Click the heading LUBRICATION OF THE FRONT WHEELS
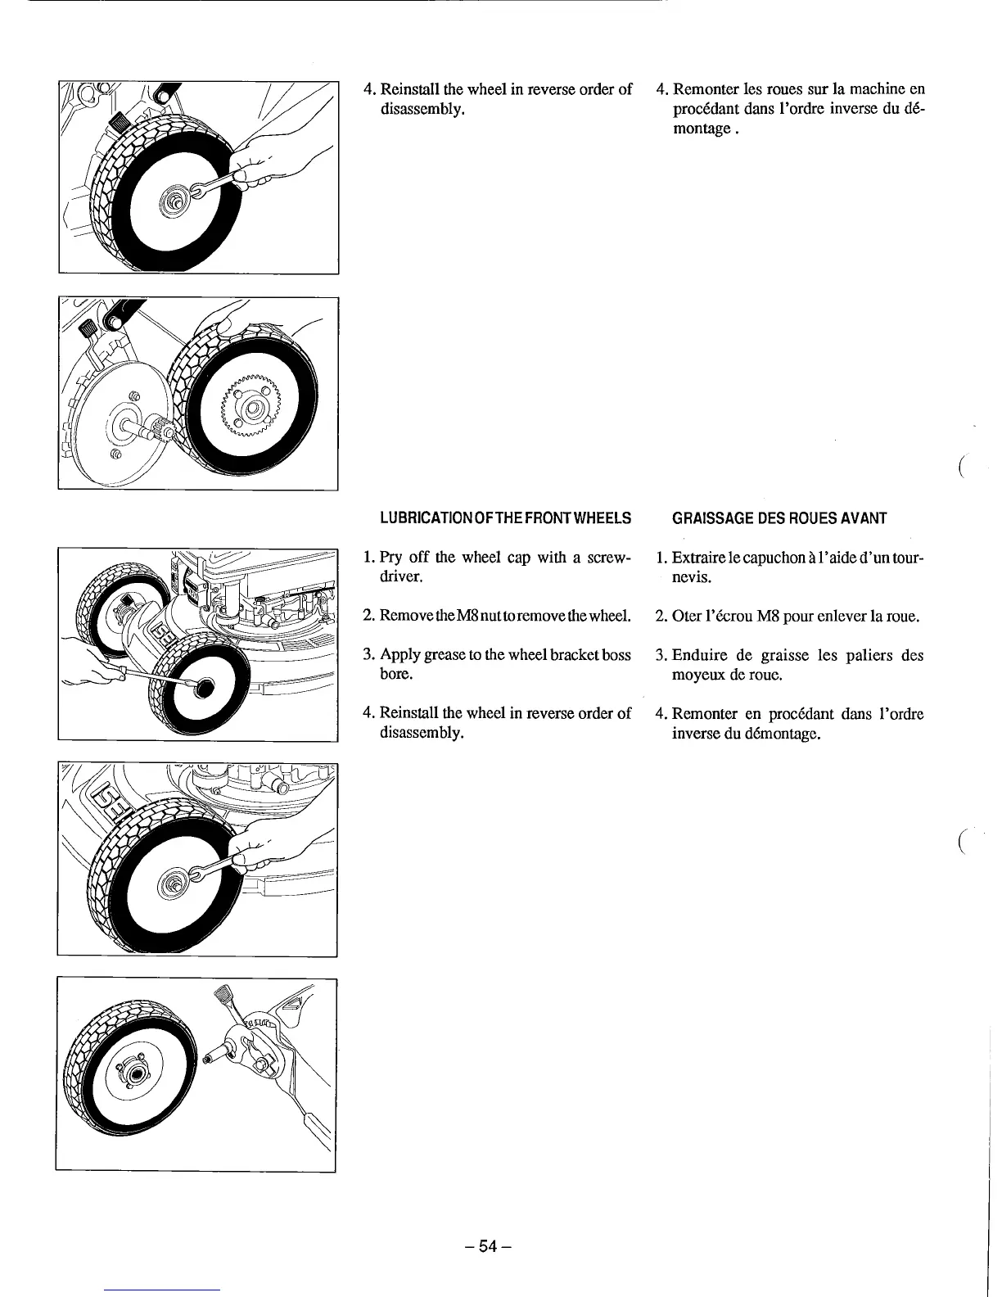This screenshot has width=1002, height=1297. (x=505, y=518)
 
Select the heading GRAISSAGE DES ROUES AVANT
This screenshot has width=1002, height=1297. (x=779, y=518)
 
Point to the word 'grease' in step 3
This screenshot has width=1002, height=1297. (x=445, y=654)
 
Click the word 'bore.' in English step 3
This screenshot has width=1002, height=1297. (x=395, y=674)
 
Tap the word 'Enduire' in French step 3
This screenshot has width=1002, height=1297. (x=700, y=655)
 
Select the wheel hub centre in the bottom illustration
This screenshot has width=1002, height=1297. (x=137, y=1075)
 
